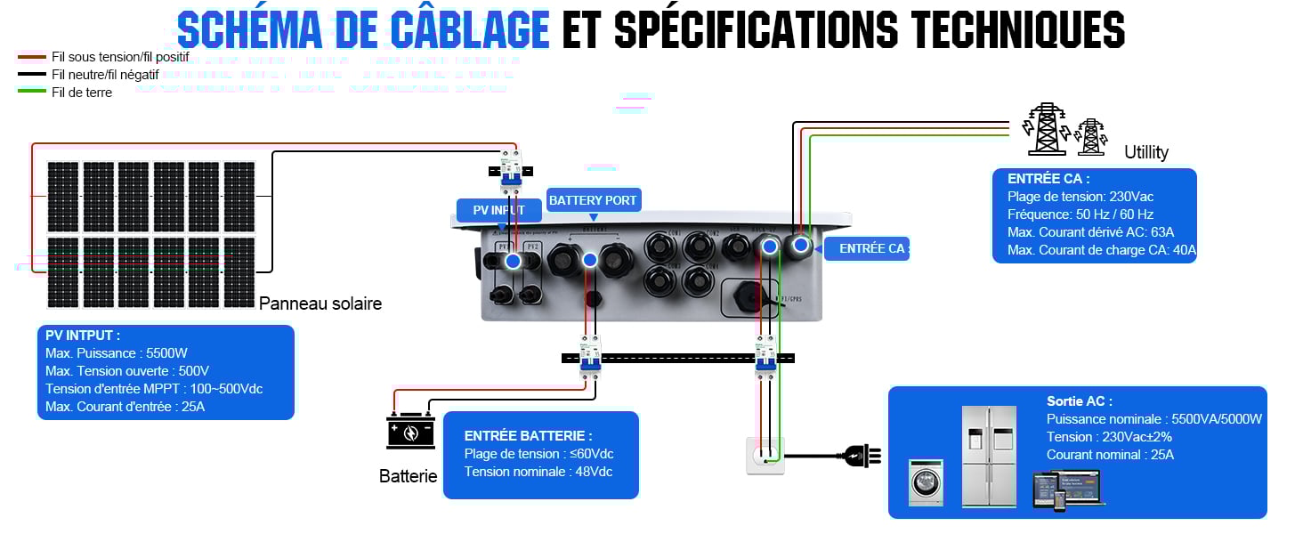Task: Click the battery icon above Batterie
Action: [x=409, y=432]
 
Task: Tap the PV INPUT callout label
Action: [x=498, y=211]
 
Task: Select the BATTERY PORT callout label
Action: [x=593, y=200]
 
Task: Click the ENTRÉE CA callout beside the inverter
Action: [x=872, y=249]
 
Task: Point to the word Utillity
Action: [x=1146, y=152]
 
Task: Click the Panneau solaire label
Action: [x=320, y=303]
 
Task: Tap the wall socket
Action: [x=765, y=456]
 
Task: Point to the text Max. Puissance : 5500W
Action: [x=117, y=353]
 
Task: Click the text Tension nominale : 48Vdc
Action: [x=538, y=472]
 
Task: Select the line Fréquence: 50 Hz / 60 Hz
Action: [x=1080, y=214]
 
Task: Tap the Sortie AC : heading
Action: [x=1080, y=401]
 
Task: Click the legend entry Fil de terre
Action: [x=82, y=93]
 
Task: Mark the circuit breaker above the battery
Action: [x=590, y=356]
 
